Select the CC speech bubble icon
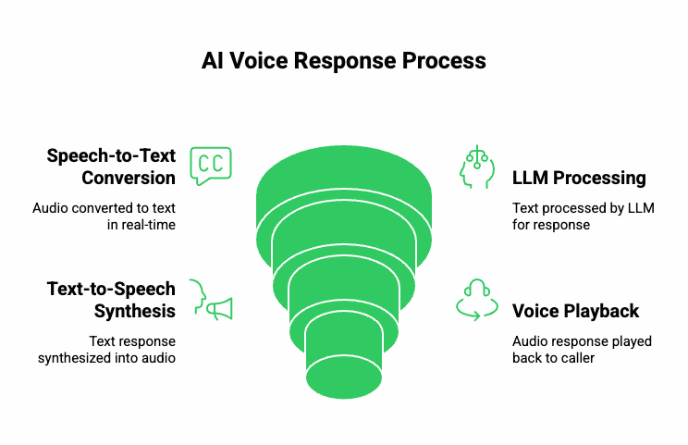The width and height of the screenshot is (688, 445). pyautogui.click(x=211, y=166)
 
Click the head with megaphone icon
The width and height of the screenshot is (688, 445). pyautogui.click(x=211, y=300)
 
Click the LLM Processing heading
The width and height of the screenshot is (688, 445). pyautogui.click(x=579, y=178)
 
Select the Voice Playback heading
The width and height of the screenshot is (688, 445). pyautogui.click(x=575, y=311)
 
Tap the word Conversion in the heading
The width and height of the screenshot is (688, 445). pyautogui.click(x=129, y=178)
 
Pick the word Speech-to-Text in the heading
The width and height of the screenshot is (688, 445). pyautogui.click(x=112, y=155)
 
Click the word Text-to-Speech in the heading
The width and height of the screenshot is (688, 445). pyautogui.click(x=112, y=290)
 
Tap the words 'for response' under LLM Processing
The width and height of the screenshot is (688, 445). pyautogui.click(x=551, y=225)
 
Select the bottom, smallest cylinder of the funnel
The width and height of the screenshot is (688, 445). pyautogui.click(x=344, y=356)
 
